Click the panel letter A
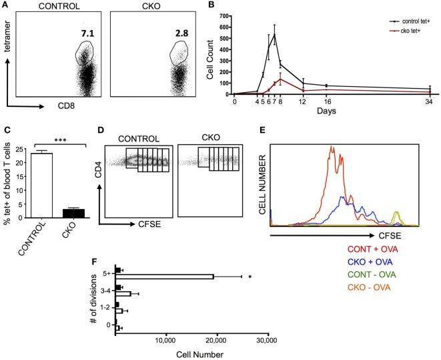5,6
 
